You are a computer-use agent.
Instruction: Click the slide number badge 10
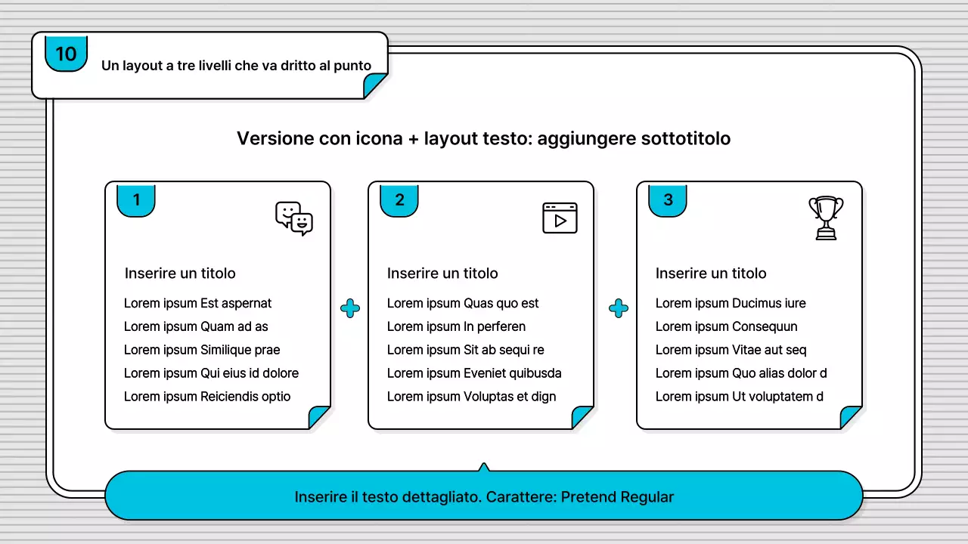[66, 54]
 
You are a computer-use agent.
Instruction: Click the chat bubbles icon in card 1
[294, 218]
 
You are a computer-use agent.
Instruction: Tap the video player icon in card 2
[560, 218]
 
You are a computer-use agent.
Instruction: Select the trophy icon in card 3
[826, 218]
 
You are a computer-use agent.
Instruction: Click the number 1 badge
[136, 199]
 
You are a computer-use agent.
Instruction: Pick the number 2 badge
[399, 199]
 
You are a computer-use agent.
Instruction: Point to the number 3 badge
[668, 199]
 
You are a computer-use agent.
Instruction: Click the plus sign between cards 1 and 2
[350, 308]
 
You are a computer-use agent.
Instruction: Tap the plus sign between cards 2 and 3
[619, 308]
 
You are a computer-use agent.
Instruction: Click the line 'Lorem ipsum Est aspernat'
[197, 303]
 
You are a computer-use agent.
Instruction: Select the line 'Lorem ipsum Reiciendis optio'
[207, 396]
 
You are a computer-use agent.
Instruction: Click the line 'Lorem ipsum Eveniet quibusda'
[474, 372]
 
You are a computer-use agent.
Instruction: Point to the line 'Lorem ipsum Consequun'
[726, 326]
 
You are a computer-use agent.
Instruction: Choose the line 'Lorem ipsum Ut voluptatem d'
[739, 396]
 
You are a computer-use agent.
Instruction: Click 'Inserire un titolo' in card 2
[442, 273]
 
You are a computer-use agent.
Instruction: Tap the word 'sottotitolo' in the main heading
[685, 138]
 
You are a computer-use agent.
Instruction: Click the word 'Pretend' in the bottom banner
[588, 496]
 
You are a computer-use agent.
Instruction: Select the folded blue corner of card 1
[320, 416]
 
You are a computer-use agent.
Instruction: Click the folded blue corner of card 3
[852, 416]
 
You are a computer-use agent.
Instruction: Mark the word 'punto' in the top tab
[352, 66]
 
